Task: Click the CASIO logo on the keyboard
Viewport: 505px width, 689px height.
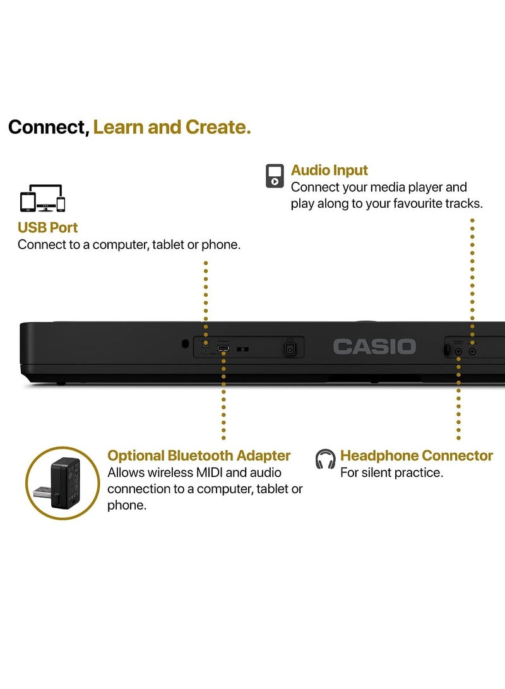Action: tap(374, 346)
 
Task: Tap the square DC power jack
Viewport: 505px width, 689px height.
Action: tap(290, 349)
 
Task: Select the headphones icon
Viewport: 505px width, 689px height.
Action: tap(326, 459)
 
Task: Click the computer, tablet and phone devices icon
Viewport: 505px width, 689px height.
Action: tap(43, 198)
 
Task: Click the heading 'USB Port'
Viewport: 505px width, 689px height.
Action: tap(48, 227)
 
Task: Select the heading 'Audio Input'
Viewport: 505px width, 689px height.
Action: tap(330, 170)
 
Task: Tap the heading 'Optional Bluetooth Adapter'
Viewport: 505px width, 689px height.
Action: tap(199, 455)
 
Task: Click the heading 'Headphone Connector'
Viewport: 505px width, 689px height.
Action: tap(417, 455)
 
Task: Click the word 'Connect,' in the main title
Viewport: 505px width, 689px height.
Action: tap(49, 127)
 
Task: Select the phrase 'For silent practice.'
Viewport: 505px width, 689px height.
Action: tap(391, 472)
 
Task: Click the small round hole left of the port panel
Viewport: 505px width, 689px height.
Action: tap(184, 344)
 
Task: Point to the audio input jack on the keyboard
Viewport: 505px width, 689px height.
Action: tap(472, 349)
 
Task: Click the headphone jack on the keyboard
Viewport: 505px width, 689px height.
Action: tap(459, 349)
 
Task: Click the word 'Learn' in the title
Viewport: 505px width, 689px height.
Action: tap(120, 127)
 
